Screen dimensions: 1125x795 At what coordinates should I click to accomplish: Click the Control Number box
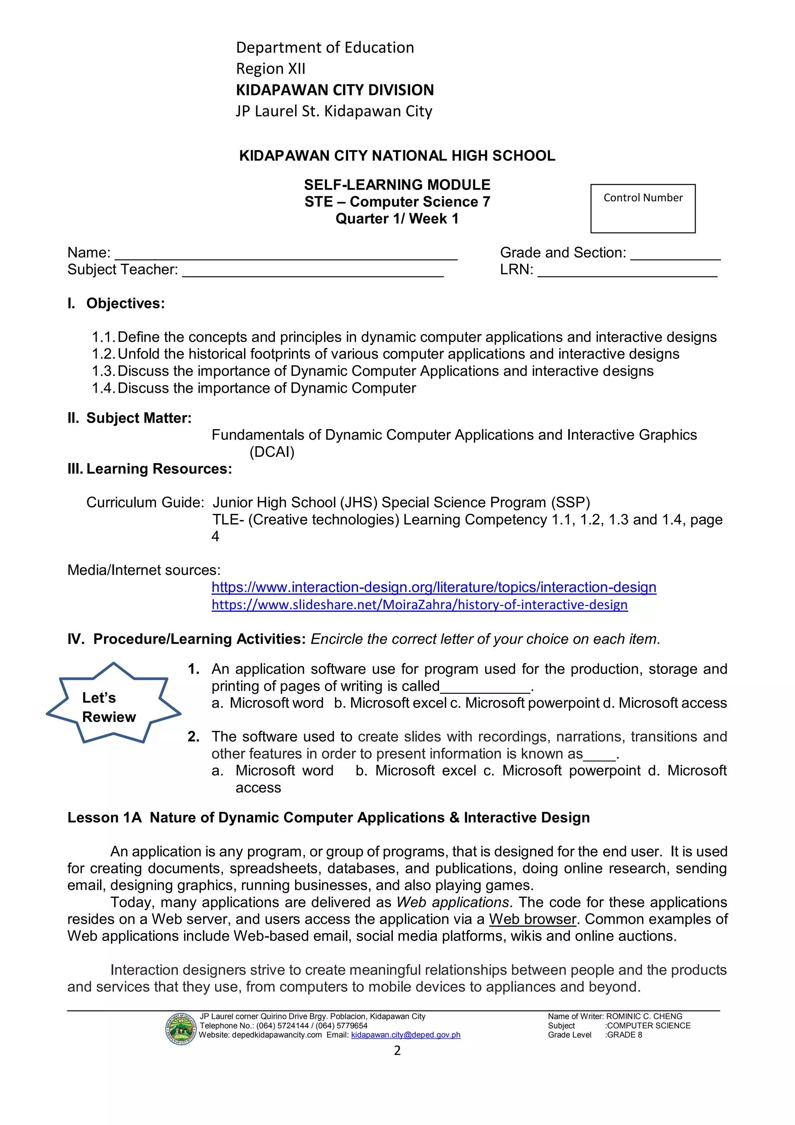[643, 209]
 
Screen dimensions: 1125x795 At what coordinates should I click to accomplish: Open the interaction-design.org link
[434, 587]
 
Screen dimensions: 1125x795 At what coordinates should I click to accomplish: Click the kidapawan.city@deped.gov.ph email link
[406, 1035]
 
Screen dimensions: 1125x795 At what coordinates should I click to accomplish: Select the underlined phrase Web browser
[533, 919]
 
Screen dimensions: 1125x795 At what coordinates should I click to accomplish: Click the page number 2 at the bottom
[397, 1050]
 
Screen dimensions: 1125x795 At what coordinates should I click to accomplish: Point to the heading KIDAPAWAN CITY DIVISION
[335, 90]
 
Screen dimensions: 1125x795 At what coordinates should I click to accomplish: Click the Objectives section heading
[125, 303]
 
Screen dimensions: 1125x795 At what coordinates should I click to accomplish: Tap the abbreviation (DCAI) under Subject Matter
[272, 452]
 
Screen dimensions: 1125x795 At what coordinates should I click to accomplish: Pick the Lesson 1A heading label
[104, 817]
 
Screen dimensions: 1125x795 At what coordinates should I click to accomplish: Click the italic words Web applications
[453, 902]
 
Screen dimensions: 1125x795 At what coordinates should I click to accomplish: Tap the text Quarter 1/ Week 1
[397, 219]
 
